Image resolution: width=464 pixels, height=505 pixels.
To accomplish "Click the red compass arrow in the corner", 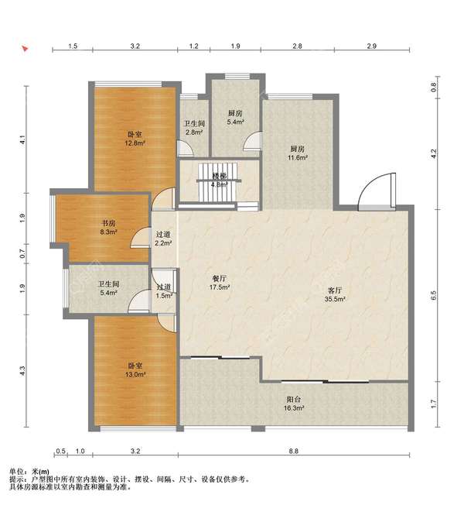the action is [x=25, y=49].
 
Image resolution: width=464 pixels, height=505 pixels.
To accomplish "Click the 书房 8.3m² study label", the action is [x=108, y=227].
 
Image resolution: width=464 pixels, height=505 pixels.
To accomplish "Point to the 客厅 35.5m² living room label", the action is [x=335, y=294].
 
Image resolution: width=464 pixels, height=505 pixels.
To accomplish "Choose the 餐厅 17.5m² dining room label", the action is [x=220, y=283].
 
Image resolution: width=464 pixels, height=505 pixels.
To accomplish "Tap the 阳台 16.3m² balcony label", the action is [x=294, y=404].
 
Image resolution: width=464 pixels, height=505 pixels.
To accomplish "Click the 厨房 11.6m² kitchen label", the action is [x=298, y=153].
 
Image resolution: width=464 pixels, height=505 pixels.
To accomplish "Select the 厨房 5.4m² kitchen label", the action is [x=235, y=118].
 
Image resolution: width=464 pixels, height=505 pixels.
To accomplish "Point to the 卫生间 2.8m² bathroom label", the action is [x=194, y=128].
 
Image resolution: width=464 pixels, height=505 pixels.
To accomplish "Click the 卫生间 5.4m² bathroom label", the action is [x=108, y=288].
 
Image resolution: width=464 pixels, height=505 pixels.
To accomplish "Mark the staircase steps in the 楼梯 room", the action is [x=218, y=183].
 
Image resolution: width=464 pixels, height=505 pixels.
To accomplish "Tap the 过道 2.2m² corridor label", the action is [x=163, y=239].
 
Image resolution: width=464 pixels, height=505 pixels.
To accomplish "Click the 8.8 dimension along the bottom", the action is [x=294, y=451].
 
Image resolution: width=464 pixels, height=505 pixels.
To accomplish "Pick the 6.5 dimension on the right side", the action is [x=433, y=295].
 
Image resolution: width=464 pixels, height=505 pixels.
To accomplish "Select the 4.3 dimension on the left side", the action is [x=22, y=371].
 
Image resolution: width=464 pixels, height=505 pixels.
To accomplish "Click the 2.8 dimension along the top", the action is [x=297, y=46].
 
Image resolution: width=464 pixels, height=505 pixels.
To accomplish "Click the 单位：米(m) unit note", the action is [x=29, y=472].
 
